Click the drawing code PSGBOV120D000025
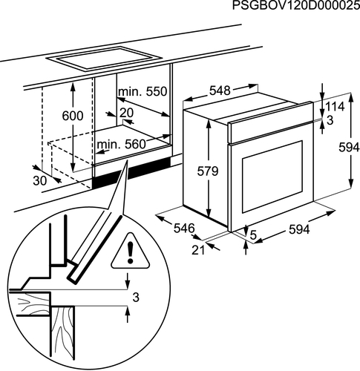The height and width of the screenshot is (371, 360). click(x=296, y=5)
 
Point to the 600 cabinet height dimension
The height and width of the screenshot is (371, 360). click(x=73, y=116)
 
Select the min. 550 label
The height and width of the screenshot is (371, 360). click(x=143, y=92)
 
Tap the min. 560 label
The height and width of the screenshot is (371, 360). click(x=121, y=144)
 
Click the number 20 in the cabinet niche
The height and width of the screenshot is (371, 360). click(x=126, y=113)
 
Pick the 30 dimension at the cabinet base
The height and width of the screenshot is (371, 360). click(x=40, y=181)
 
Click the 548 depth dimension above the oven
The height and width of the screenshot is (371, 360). click(x=220, y=91)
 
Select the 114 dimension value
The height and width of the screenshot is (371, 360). click(x=335, y=107)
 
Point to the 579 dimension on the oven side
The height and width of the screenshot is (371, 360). click(x=208, y=171)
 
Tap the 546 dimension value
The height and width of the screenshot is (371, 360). click(x=184, y=228)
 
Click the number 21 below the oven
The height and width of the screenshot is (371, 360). click(x=198, y=250)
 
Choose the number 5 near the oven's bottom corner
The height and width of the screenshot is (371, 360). click(x=253, y=235)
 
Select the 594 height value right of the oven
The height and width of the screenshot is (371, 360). click(x=349, y=148)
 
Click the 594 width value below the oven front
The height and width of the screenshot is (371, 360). click(x=299, y=230)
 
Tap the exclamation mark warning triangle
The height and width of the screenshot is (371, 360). click(x=131, y=252)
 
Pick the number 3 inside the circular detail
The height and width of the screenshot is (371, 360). click(x=136, y=298)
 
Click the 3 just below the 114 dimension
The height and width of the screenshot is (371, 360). click(x=330, y=120)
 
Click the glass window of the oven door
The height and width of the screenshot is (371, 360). click(x=272, y=177)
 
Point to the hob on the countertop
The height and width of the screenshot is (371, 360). click(x=104, y=59)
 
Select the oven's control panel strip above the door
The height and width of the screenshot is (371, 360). click(x=271, y=122)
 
